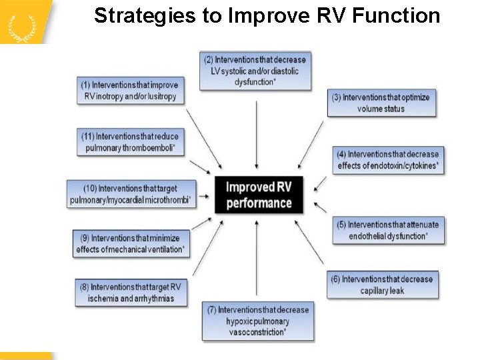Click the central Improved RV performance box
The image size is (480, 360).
click(259, 195)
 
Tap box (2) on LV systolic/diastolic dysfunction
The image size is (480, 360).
click(257, 71)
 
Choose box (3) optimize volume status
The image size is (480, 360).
click(381, 103)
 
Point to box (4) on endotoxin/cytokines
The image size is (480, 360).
click(389, 160)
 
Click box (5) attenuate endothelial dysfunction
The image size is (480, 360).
click(389, 230)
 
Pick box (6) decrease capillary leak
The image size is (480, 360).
click(383, 285)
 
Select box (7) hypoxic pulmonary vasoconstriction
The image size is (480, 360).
click(257, 321)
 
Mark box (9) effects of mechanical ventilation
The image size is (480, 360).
click(129, 244)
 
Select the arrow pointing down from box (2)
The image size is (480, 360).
click(257, 133)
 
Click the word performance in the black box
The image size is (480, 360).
click(259, 203)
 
